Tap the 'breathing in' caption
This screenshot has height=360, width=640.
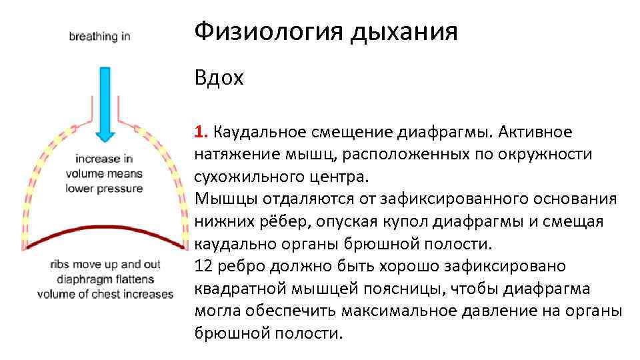tap(99, 37)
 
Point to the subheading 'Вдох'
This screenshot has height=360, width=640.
tap(219, 79)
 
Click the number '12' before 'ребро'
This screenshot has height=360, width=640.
tap(203, 266)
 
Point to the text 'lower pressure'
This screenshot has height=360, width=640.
tap(104, 189)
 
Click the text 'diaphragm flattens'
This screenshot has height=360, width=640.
tap(104, 279)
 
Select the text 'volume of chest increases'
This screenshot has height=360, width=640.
tap(105, 293)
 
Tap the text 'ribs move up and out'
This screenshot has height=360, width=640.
tap(104, 265)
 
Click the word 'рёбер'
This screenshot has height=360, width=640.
tap(270, 221)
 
